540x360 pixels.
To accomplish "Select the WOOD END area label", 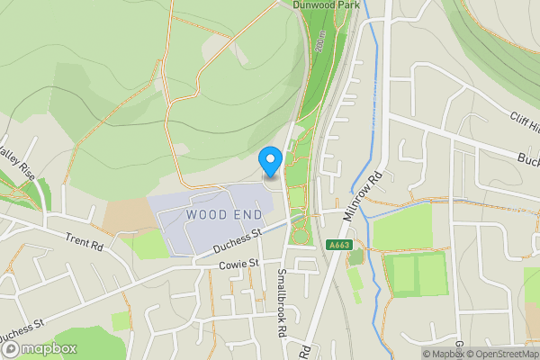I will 225,215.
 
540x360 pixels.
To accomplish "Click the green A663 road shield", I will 339,245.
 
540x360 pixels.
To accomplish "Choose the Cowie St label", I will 239,264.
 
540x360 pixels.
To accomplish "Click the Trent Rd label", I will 85,239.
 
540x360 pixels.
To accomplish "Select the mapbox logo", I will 39,348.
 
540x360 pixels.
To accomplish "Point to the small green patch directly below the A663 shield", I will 356,257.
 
